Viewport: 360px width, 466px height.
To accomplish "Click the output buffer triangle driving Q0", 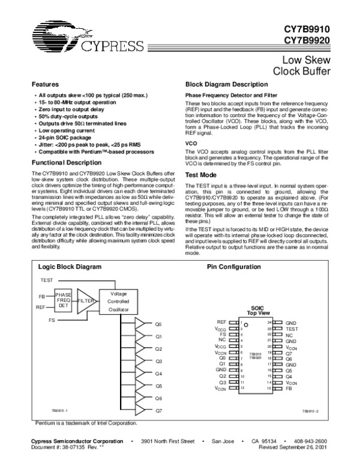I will [x=140, y=324].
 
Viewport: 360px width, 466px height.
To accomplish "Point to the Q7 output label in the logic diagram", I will [x=158, y=411].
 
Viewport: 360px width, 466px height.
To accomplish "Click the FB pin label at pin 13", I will [x=289, y=389].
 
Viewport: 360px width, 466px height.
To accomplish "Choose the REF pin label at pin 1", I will [x=221, y=322].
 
